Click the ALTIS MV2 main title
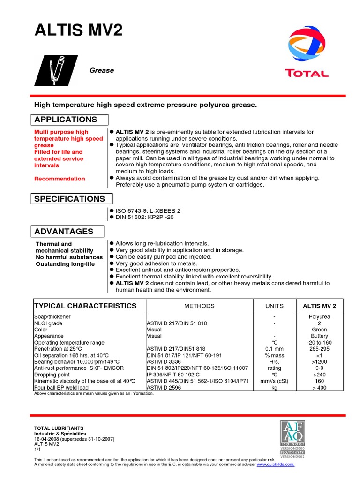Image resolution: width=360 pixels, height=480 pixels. (79, 30)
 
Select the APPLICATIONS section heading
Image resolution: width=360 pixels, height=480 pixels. (66, 120)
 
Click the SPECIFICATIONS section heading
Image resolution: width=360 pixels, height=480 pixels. (70, 199)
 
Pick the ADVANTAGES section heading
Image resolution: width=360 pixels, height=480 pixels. (64, 232)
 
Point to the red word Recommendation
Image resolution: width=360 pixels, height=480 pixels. (60, 179)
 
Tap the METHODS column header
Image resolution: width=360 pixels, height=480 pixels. (199, 306)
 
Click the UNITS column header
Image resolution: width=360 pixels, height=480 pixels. (274, 306)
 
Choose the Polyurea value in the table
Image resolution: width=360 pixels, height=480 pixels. (319, 317)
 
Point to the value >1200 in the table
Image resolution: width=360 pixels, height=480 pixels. (319, 362)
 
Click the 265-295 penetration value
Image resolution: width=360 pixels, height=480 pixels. (319, 349)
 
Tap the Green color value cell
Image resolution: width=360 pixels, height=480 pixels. (319, 330)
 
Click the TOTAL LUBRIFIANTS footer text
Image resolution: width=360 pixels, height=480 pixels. (59, 428)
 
